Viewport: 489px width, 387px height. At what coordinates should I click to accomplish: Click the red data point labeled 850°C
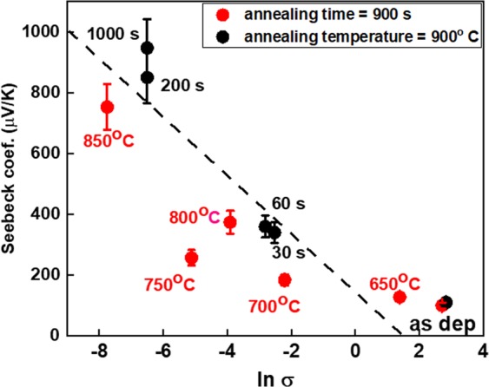[108, 107]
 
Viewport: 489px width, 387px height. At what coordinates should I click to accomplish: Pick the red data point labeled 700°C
[285, 279]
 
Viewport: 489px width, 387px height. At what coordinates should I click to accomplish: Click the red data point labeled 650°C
[400, 297]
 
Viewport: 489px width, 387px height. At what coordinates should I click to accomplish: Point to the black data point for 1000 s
[147, 48]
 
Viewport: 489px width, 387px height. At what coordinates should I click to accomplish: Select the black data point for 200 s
[147, 77]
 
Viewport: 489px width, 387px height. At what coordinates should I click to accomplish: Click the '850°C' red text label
[108, 140]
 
